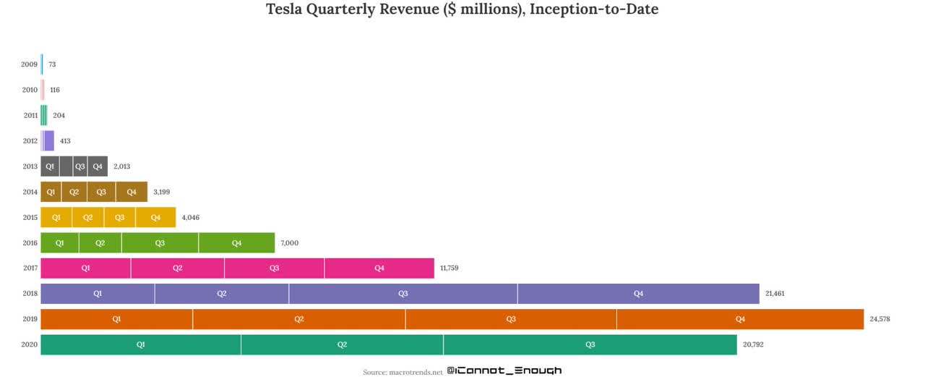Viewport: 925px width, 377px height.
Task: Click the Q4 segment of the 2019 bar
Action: point(740,319)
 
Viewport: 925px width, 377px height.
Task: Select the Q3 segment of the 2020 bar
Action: point(590,344)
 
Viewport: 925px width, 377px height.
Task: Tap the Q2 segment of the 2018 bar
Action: point(222,294)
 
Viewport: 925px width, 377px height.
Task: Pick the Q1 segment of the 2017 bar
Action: point(85,268)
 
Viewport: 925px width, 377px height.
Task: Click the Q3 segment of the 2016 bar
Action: point(160,243)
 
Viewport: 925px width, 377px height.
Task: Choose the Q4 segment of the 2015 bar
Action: point(155,218)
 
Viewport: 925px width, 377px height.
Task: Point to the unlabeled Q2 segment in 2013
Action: point(66,166)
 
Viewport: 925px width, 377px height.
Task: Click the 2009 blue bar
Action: point(42,64)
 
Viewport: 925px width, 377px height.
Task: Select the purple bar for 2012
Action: point(48,141)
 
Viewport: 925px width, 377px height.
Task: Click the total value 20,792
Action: point(753,344)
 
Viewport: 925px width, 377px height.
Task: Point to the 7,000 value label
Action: point(289,243)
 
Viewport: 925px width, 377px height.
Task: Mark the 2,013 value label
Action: point(121,166)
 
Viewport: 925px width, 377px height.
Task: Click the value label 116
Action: point(55,90)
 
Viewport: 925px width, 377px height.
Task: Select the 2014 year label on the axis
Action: point(30,192)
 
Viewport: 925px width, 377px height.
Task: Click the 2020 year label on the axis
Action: point(30,345)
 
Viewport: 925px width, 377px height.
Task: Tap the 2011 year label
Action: point(30,116)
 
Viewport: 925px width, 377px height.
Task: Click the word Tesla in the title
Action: point(285,10)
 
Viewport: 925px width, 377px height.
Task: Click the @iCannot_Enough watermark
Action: point(504,370)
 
